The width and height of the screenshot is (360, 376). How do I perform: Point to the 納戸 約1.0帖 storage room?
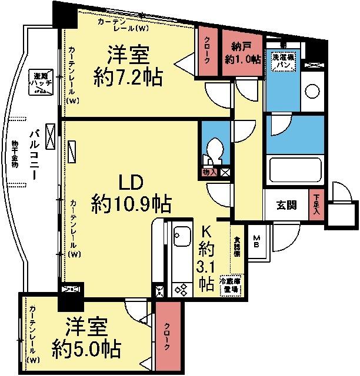click(242, 54)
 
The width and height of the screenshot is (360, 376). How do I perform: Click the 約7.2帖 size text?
click(128, 77)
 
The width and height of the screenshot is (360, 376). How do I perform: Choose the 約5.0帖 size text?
click(86, 348)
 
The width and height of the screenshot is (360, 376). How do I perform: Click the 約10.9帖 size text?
click(131, 204)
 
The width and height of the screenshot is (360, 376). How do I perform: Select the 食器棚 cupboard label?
click(236, 246)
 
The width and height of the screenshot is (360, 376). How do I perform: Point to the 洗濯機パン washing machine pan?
click(283, 61)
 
